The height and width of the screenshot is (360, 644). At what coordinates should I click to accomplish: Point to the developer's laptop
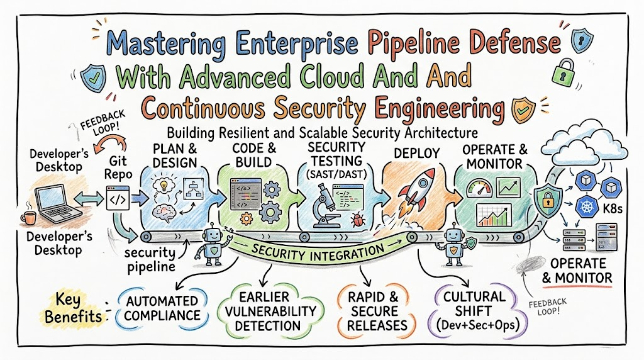click(x=57, y=203)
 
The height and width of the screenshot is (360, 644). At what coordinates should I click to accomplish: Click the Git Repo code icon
click(x=118, y=198)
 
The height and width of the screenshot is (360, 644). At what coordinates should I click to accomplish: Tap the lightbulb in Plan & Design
click(x=164, y=185)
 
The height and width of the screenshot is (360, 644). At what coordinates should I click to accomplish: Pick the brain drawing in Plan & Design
click(x=164, y=213)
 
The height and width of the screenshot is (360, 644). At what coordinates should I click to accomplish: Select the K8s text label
click(x=613, y=209)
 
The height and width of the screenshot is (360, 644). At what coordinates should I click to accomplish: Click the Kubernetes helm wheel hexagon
click(x=587, y=206)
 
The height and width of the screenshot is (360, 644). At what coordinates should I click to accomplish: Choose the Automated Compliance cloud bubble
click(x=162, y=308)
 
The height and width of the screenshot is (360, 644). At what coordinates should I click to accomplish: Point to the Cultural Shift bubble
click(x=477, y=310)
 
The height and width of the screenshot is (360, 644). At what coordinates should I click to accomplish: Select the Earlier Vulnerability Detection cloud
click(x=270, y=311)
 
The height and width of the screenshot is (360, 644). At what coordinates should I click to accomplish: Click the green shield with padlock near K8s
click(x=548, y=200)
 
